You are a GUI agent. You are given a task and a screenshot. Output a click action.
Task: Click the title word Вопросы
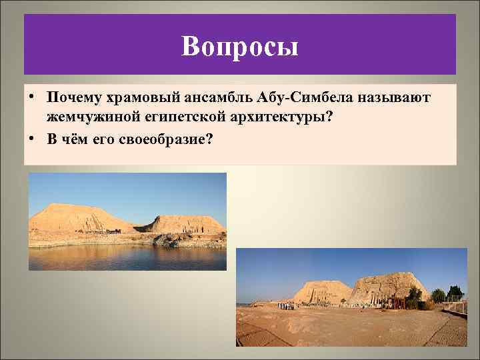[x=240, y=46]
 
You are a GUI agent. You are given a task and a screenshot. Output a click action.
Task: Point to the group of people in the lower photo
[x=285, y=305]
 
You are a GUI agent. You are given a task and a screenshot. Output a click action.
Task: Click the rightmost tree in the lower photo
[x=456, y=293]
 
